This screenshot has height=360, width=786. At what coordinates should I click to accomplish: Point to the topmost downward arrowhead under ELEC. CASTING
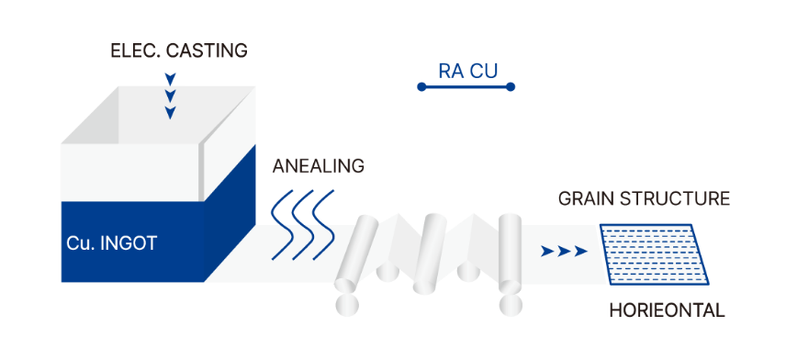pyautogui.click(x=170, y=78)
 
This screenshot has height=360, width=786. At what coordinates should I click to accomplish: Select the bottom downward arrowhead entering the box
pyautogui.click(x=170, y=113)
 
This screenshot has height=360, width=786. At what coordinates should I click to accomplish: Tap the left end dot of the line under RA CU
pyautogui.click(x=421, y=87)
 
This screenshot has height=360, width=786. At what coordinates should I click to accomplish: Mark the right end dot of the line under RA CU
pyautogui.click(x=511, y=87)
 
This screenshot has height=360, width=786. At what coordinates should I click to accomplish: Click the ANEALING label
pyautogui.click(x=319, y=167)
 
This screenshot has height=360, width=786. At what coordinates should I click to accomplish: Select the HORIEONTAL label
pyautogui.click(x=667, y=310)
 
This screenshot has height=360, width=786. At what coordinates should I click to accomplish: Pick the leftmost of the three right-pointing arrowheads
pyautogui.click(x=547, y=250)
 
